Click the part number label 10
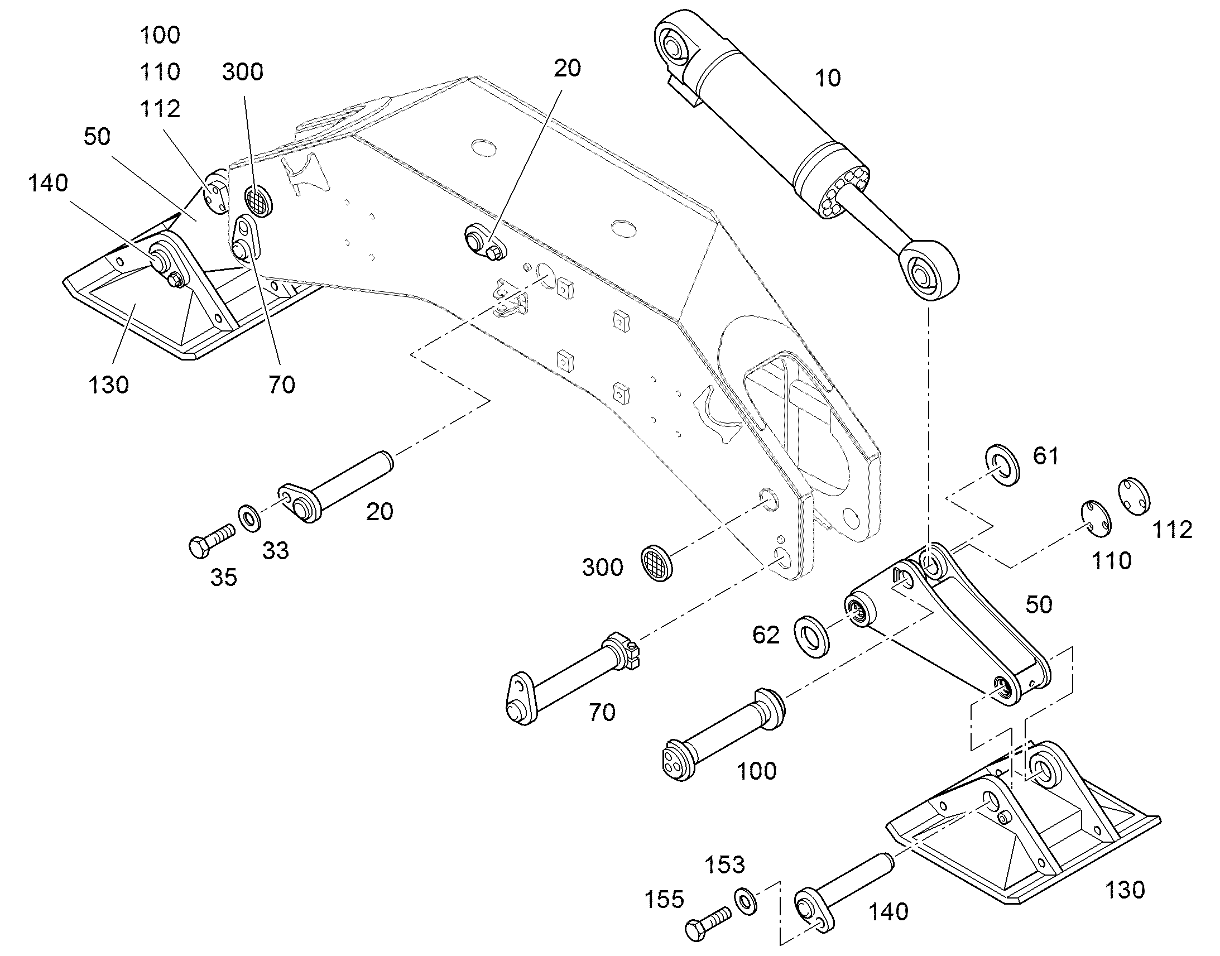point(828,78)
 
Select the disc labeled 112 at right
point(1135,496)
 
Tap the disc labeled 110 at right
point(1096,517)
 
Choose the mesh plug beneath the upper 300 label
point(258,200)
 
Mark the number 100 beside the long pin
point(757,771)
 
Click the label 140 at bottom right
point(888,912)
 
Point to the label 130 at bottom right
point(1125,890)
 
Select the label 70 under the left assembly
point(281,385)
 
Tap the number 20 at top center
point(568,68)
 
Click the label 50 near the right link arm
point(1039,604)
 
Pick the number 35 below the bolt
point(224,578)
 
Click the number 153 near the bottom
point(725,865)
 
